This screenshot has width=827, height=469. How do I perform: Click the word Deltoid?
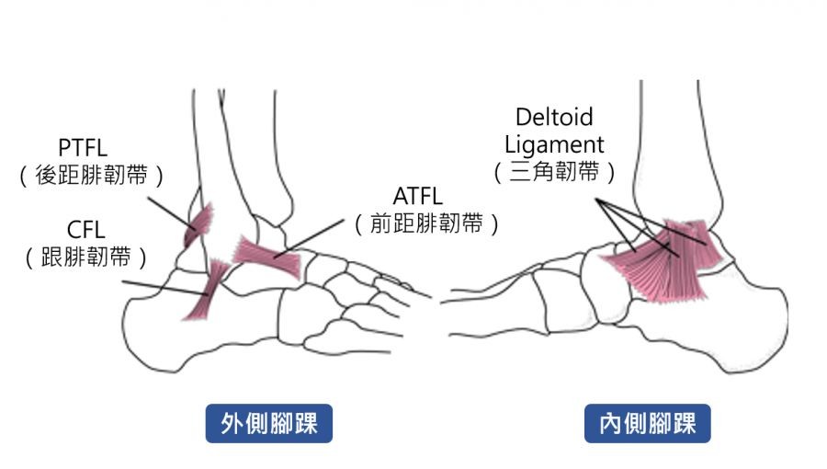point(554,117)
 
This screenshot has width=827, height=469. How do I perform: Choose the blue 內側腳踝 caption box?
point(647,424)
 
